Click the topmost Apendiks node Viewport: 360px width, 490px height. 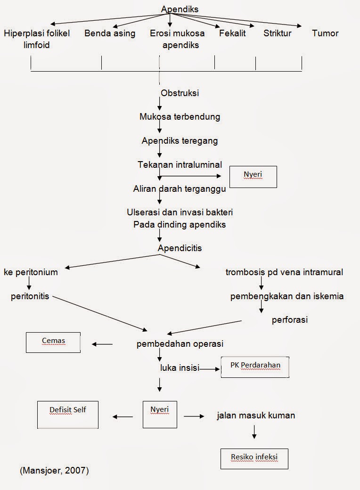click(x=180, y=9)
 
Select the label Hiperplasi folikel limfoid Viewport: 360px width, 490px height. click(x=37, y=39)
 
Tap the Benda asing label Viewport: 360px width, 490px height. click(x=110, y=33)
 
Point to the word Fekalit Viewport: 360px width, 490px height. click(x=232, y=33)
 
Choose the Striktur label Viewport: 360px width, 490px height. click(x=277, y=33)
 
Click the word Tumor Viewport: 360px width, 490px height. click(x=325, y=33)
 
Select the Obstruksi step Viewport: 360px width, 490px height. click(x=180, y=93)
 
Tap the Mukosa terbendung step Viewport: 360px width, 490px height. click(x=180, y=116)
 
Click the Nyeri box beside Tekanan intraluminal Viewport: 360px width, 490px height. click(x=253, y=177)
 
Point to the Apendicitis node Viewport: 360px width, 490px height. click(x=180, y=247)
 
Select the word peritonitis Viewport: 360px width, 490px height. click(x=30, y=297)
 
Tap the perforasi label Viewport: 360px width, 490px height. click(x=289, y=320)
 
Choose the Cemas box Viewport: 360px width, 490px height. click(x=53, y=342)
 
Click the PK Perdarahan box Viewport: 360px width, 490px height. click(x=254, y=367)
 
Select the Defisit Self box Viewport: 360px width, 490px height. click(x=68, y=414)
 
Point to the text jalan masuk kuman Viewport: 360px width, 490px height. click(x=256, y=416)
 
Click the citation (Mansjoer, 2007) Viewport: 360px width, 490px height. click(x=54, y=471)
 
